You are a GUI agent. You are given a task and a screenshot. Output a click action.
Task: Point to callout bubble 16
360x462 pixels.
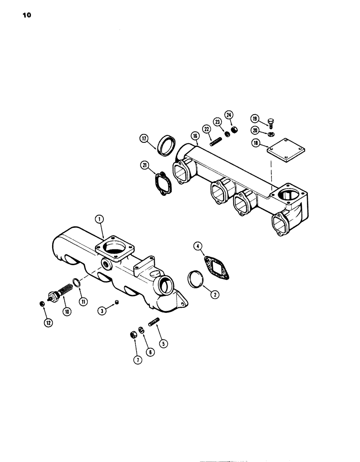click(x=194, y=136)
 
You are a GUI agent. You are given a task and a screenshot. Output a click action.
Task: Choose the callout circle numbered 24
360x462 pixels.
click(x=229, y=114)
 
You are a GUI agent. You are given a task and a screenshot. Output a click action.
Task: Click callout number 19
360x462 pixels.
click(x=255, y=118)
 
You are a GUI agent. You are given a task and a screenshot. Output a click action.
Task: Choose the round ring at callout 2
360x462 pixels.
click(x=196, y=280)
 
